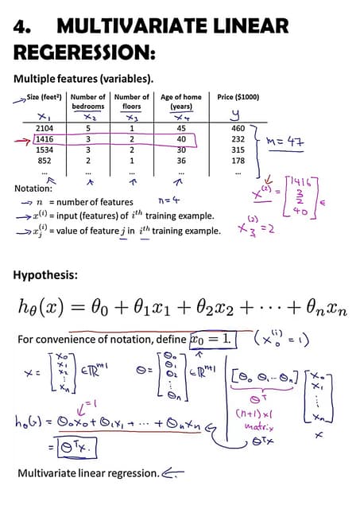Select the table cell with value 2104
point(45,127)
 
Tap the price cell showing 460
point(238,127)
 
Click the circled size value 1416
point(45,138)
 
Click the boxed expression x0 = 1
point(213,340)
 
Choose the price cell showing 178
point(238,160)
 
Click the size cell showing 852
point(45,160)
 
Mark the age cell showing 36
point(181,160)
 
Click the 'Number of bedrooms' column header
point(88,102)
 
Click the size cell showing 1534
point(45,150)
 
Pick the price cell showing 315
point(238,150)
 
